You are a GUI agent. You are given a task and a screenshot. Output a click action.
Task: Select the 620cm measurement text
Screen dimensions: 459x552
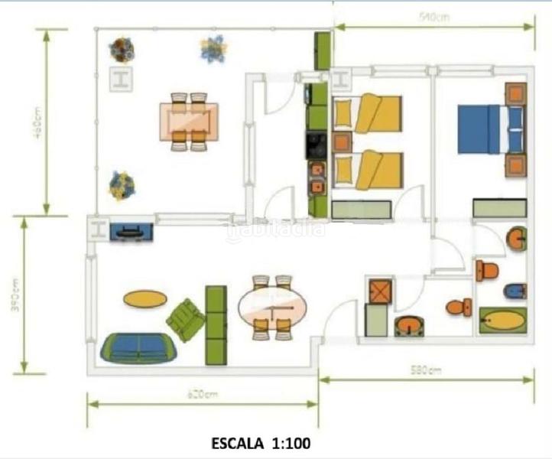201,396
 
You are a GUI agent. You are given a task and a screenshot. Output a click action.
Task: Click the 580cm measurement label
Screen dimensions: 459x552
426,371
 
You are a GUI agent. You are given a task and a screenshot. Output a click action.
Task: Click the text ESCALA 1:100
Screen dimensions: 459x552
260,442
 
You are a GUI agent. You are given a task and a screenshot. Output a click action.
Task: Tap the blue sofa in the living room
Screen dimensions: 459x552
138,347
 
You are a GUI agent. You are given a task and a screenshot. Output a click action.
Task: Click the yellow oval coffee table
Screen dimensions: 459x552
145,298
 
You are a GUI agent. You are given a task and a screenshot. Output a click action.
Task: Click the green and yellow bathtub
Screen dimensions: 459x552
502,320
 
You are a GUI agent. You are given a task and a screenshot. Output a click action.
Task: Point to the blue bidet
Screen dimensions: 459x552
515,291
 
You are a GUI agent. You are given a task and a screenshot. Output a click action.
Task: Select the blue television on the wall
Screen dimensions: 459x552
132,231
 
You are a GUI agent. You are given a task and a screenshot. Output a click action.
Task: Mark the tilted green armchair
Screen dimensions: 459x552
186,320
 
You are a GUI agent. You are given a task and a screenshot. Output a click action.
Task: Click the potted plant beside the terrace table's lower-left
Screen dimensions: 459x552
122,184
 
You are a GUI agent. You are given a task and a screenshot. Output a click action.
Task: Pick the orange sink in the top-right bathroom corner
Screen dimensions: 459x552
518,239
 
